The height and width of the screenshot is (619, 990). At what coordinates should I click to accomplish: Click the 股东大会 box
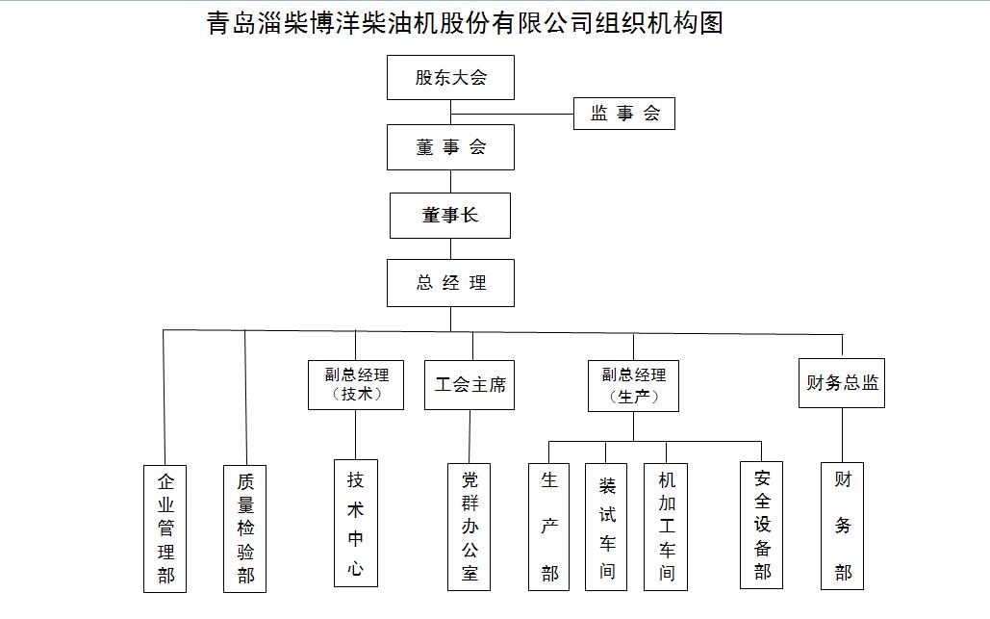(450, 77)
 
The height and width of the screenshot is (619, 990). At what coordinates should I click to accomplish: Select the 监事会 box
(623, 114)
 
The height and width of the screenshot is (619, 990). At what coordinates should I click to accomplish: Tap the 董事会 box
(450, 147)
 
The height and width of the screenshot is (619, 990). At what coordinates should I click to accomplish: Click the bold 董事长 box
(449, 216)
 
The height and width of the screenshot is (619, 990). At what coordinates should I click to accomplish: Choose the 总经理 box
(450, 283)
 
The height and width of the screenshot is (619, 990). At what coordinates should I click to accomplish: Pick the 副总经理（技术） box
(355, 385)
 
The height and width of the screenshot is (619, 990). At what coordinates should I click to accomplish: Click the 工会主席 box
(470, 385)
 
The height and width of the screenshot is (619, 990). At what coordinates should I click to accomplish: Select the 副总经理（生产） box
(633, 386)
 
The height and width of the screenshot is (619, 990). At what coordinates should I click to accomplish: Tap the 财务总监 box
(842, 383)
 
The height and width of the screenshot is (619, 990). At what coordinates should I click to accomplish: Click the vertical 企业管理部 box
(165, 529)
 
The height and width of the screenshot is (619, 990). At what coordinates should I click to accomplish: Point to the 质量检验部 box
(245, 529)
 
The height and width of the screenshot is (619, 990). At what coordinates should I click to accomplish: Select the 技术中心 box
(355, 523)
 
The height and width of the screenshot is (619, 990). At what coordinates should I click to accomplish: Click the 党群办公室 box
(470, 527)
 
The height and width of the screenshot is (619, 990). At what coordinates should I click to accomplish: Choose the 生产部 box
(548, 527)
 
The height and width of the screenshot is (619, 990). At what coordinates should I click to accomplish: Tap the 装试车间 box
(606, 527)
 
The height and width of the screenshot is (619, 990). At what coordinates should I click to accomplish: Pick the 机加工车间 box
(666, 527)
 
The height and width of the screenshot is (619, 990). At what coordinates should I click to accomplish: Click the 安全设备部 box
(761, 525)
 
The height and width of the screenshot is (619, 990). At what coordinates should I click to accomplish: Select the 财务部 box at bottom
(842, 526)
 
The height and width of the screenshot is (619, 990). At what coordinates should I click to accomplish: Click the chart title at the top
(465, 23)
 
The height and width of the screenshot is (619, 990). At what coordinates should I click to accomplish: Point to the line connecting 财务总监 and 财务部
(842, 435)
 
